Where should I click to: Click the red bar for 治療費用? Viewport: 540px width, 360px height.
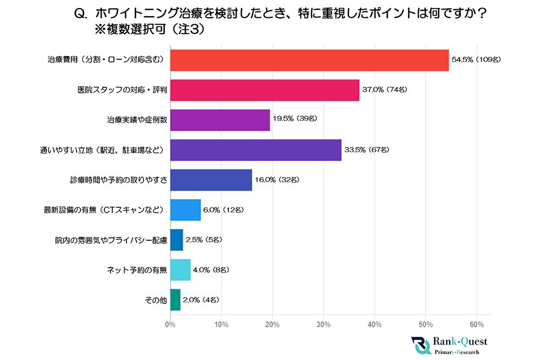pos(309,60)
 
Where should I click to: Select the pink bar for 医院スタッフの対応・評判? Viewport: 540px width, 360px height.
pos(265,90)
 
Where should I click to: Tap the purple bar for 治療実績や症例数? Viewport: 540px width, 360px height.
pos(220,120)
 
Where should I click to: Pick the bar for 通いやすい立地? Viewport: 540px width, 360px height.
pos(255,150)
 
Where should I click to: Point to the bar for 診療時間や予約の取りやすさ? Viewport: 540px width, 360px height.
pos(211,180)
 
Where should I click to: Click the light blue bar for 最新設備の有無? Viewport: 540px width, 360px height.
pos(185,209)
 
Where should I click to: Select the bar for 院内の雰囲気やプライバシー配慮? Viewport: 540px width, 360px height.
pos(177,240)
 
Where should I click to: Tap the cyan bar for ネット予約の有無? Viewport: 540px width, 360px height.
pos(180,269)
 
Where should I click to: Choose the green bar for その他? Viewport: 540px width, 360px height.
pos(175,300)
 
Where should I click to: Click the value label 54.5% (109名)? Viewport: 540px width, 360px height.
pos(476,60)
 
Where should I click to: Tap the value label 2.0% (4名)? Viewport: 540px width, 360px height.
pos(201,300)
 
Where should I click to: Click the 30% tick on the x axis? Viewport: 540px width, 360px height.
pos(323,324)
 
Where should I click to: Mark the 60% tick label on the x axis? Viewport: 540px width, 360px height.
pos(477,324)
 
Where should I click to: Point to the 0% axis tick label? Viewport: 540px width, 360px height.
pos(170,324)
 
